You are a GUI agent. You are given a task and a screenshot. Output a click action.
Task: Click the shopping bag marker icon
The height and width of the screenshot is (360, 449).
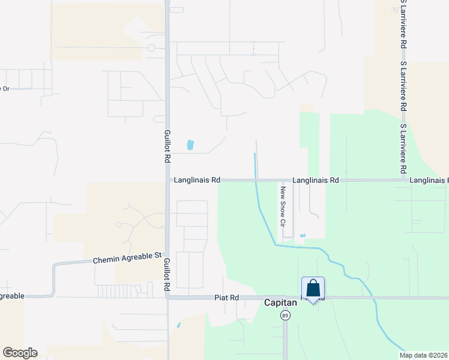[313, 289]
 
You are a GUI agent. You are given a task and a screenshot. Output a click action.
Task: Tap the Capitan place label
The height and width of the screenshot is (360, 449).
[281, 303]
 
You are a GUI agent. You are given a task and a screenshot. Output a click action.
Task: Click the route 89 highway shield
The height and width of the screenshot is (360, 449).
[285, 315]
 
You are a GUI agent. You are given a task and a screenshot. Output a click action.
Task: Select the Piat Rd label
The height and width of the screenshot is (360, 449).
[227, 298]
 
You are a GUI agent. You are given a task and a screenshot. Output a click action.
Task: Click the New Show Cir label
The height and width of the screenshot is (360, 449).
[281, 206]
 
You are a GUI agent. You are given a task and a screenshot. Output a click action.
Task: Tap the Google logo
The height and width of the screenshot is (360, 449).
[20, 353]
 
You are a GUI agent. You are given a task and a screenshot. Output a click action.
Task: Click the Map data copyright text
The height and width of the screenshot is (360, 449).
[423, 355]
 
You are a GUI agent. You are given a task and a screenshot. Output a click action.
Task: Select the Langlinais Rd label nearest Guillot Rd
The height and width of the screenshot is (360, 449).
[197, 180]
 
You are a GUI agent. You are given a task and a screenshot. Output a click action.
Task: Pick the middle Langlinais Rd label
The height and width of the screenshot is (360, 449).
[316, 180]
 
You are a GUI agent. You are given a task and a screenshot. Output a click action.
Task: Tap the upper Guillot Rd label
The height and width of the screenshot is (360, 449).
[168, 147]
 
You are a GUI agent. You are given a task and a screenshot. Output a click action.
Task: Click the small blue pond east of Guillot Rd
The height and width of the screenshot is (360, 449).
[190, 145]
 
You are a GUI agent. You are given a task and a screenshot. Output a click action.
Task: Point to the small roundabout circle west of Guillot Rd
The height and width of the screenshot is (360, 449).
[151, 48]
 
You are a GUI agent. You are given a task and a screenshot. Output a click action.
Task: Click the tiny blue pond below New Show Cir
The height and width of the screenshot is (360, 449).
[302, 235]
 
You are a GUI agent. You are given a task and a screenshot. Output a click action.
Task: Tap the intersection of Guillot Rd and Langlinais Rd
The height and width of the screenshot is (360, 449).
[168, 180]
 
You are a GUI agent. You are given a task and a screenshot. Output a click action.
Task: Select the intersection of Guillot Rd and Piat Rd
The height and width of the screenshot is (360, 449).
[168, 297]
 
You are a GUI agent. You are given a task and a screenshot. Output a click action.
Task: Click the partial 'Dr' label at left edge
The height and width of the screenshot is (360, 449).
[5, 89]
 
